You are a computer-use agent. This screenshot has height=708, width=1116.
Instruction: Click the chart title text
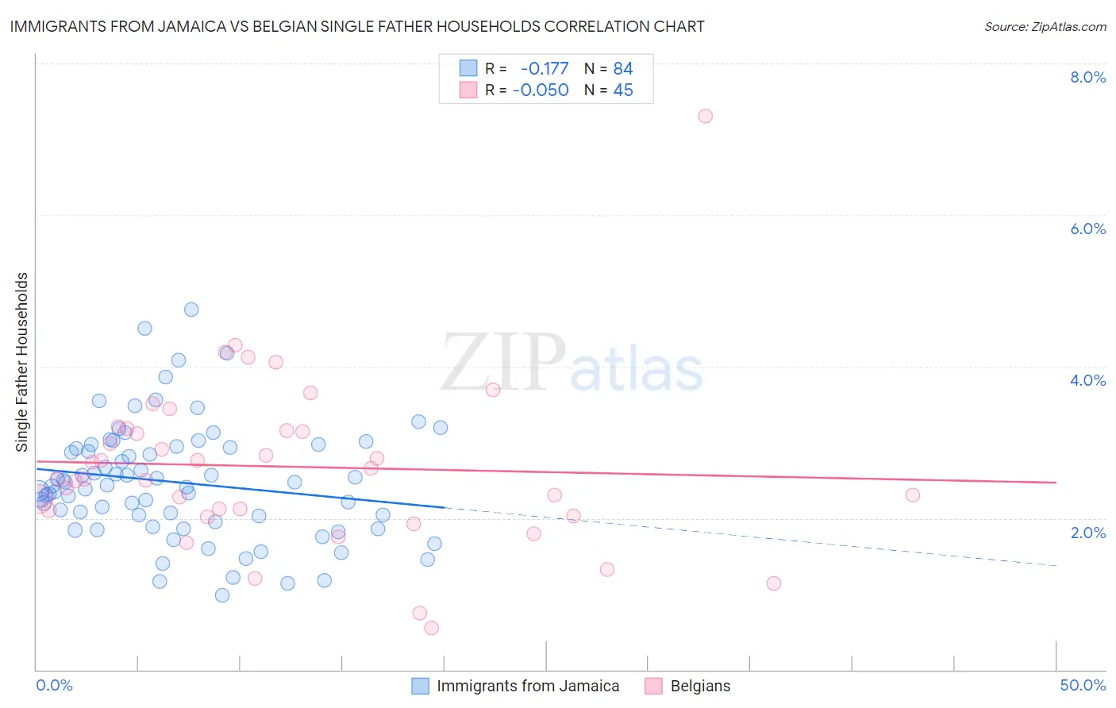(x=357, y=26)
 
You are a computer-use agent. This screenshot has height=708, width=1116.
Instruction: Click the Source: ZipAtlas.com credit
(x=1045, y=26)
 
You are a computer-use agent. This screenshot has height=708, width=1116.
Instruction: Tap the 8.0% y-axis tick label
(x=1087, y=77)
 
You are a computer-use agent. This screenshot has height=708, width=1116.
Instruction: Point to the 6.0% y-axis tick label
(x=1087, y=229)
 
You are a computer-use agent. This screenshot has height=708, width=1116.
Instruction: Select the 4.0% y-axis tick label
(x=1087, y=380)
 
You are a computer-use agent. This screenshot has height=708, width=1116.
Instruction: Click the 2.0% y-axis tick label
(x=1087, y=533)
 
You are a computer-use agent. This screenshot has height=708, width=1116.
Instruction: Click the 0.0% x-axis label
(x=54, y=685)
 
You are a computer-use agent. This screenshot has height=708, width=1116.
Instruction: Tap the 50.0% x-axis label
(x=1083, y=685)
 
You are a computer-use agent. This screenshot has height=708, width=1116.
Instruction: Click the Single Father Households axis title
(x=22, y=362)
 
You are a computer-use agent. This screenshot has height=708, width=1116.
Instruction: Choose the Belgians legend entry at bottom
(x=699, y=686)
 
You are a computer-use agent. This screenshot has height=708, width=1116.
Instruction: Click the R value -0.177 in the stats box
(x=545, y=69)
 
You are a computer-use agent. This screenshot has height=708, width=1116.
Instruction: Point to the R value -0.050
(x=541, y=90)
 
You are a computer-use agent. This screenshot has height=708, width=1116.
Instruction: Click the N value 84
(x=623, y=69)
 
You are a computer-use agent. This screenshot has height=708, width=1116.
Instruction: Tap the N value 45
(x=623, y=90)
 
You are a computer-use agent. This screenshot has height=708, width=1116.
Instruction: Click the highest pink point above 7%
(x=705, y=116)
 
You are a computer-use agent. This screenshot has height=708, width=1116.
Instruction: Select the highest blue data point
(x=191, y=310)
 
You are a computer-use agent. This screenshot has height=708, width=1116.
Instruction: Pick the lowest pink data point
(x=432, y=628)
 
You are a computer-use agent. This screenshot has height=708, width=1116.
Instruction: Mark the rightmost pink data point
(x=913, y=495)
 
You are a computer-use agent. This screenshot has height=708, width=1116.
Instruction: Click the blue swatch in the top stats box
(x=468, y=69)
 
